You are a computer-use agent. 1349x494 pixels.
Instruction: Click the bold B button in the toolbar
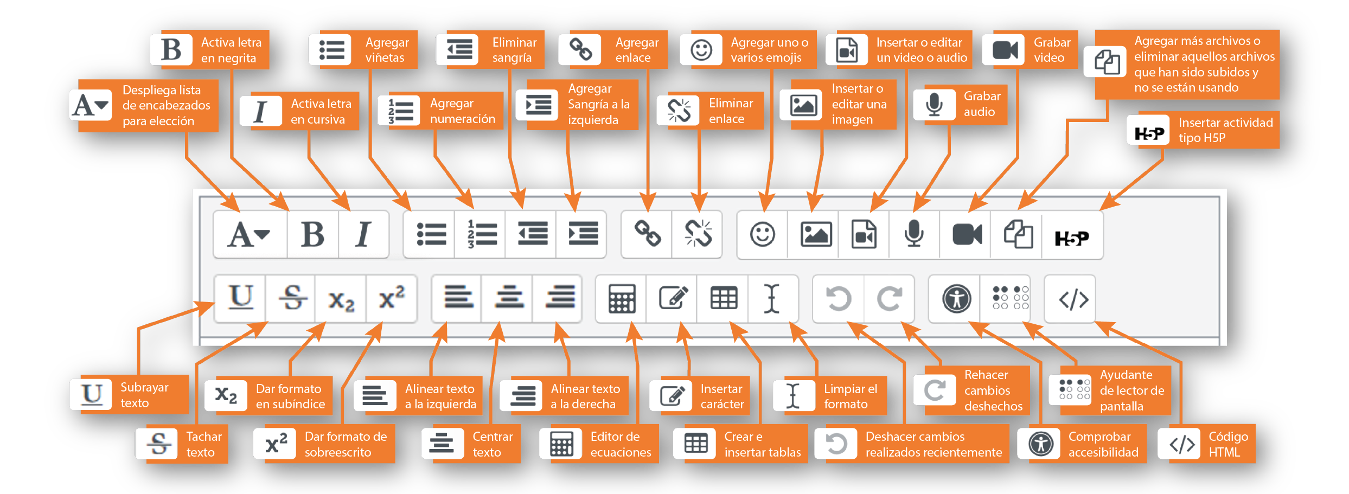click(x=312, y=235)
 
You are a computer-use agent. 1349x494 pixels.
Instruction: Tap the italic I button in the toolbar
click(x=363, y=235)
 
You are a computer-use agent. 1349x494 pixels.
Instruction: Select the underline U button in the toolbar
click(x=240, y=298)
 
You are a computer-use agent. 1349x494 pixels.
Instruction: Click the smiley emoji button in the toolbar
click(x=762, y=235)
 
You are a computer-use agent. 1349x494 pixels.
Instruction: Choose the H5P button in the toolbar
click(x=1071, y=238)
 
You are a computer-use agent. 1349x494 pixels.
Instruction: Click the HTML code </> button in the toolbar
click(x=1073, y=299)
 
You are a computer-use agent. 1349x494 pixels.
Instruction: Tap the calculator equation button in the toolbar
click(x=622, y=299)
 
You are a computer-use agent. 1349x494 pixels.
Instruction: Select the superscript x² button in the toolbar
click(x=392, y=298)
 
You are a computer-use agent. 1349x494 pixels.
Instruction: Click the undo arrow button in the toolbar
click(x=839, y=299)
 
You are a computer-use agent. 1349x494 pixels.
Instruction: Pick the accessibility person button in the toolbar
click(x=956, y=299)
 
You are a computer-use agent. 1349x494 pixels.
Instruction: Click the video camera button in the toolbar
click(x=967, y=235)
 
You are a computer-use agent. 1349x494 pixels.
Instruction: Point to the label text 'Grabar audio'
click(x=981, y=104)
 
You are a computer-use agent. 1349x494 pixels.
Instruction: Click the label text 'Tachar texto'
click(x=203, y=444)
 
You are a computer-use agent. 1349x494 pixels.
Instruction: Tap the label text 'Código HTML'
click(x=1227, y=444)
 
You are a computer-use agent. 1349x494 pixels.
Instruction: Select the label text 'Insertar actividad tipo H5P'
click(x=1225, y=130)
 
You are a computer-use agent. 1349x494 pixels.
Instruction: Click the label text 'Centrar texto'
click(x=492, y=444)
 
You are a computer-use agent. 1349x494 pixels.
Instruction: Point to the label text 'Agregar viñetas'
click(x=386, y=50)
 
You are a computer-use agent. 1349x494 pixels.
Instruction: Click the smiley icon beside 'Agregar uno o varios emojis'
click(x=701, y=50)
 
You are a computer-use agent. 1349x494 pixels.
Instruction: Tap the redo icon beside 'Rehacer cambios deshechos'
click(x=934, y=390)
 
